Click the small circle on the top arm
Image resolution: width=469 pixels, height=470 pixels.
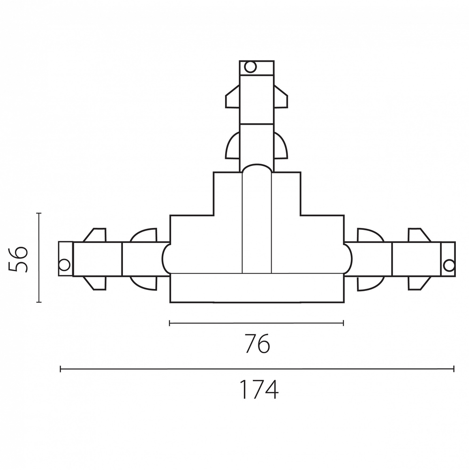pos(250,67)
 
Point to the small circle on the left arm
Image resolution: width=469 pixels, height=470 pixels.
pos(64,265)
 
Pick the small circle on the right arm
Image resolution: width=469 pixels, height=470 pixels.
pos(449,265)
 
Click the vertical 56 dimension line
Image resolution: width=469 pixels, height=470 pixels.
pos(38,258)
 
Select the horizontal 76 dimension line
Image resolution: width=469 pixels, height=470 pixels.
pos(256,323)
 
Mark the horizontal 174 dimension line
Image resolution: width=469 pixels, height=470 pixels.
pos(257,369)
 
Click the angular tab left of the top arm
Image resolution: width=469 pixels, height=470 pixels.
pos(233,97)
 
